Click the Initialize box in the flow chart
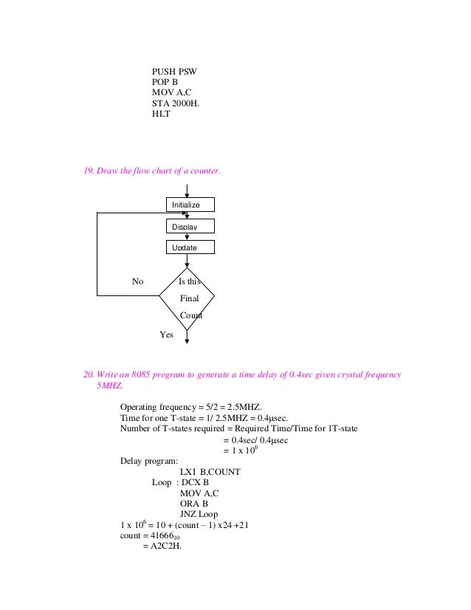point(188,204)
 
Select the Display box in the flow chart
point(188,226)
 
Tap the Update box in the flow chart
point(188,247)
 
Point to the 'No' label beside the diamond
point(137,281)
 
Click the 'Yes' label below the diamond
point(166,335)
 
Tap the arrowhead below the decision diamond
point(187,340)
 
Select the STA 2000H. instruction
point(175,104)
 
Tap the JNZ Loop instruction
point(204,515)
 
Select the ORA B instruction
point(194,504)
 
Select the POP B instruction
point(165,82)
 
